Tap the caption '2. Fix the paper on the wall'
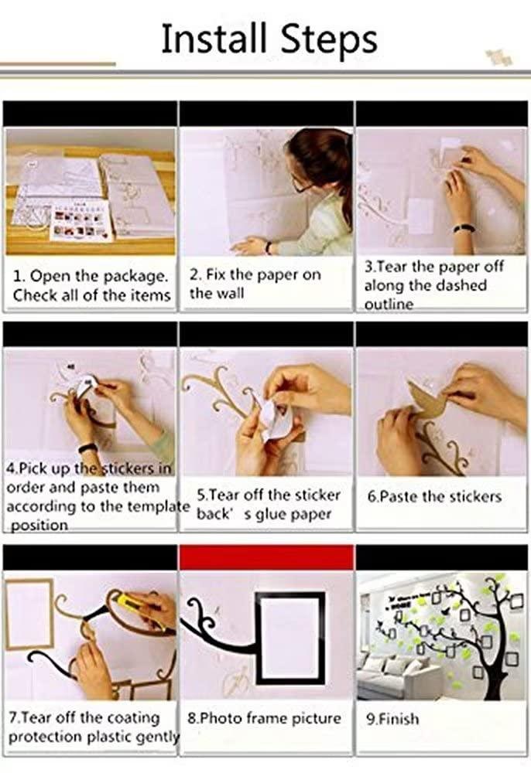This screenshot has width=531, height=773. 255,284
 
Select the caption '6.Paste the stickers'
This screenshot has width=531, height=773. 434,496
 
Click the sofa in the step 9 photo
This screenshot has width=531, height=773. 387,680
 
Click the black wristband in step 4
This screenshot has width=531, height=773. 87,448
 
